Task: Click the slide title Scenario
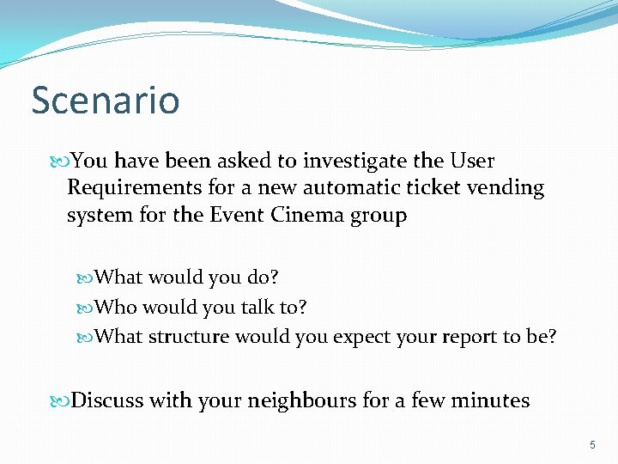[106, 100]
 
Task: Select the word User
[471, 162]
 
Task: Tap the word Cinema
[306, 215]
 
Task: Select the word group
[378, 216]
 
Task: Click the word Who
[115, 307]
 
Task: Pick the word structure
[188, 337]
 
